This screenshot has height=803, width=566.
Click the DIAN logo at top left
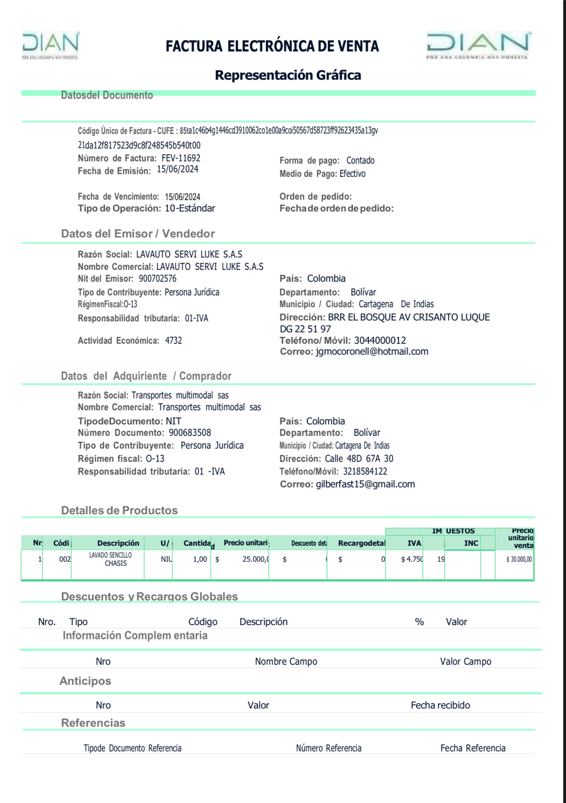(50, 45)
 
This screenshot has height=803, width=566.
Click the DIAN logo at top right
(479, 45)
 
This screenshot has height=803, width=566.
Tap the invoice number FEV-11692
(181, 158)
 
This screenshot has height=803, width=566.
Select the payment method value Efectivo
(352, 174)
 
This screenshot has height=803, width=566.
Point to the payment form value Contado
(360, 161)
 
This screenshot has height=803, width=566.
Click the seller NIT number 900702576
(157, 279)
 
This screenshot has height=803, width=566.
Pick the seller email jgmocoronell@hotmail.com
(372, 352)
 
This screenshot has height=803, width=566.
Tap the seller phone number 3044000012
(380, 340)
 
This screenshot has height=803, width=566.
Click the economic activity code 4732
(173, 341)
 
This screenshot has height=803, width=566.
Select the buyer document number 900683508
(190, 433)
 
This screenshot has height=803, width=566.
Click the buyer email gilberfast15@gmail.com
(365, 484)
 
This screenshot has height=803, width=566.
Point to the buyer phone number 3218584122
(365, 471)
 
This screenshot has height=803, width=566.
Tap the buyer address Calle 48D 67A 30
(359, 459)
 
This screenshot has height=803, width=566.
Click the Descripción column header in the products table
(118, 543)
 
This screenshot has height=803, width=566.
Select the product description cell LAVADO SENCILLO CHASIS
(111, 559)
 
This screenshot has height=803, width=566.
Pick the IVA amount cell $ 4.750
(412, 560)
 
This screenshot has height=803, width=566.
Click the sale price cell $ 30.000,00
(519, 560)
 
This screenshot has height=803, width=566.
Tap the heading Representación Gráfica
(288, 75)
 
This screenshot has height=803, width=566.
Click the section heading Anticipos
(85, 681)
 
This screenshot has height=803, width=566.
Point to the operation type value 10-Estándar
(190, 208)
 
